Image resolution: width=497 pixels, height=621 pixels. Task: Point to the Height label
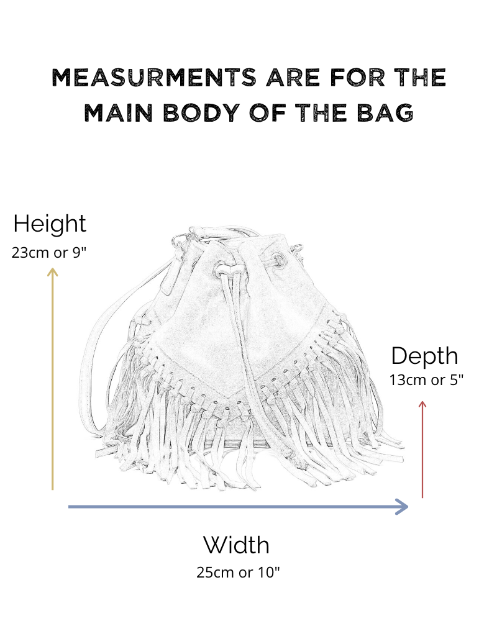click(50, 224)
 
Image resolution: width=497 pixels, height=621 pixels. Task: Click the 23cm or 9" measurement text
click(50, 253)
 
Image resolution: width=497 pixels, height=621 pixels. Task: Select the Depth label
click(425, 356)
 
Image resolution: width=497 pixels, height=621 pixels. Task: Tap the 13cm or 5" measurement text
click(426, 380)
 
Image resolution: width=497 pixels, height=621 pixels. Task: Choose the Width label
click(236, 545)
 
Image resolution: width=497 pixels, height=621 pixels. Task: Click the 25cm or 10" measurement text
click(238, 573)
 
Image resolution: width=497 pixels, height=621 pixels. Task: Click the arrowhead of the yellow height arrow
click(53, 271)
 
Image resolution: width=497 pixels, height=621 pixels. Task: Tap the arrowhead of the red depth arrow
click(422, 405)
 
